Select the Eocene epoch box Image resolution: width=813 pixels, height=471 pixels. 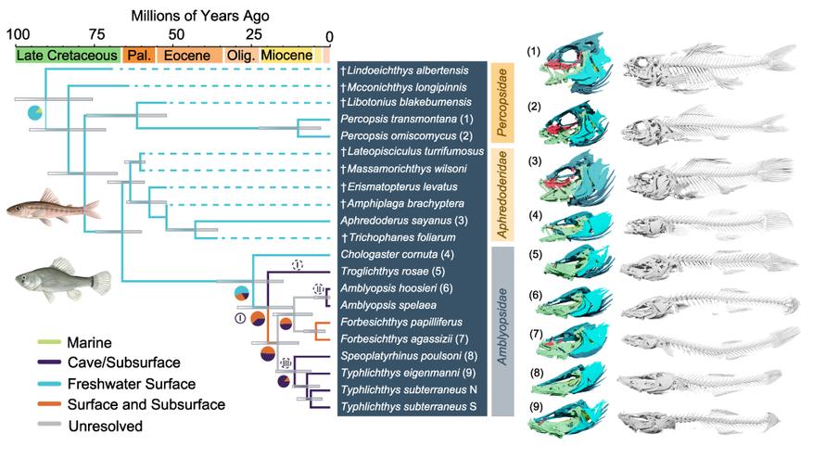[187, 56]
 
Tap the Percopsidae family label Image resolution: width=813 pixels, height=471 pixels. [502, 101]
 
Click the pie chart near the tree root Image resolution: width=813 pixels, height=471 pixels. [35, 113]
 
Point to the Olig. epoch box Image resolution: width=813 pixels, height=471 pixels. [241, 56]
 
